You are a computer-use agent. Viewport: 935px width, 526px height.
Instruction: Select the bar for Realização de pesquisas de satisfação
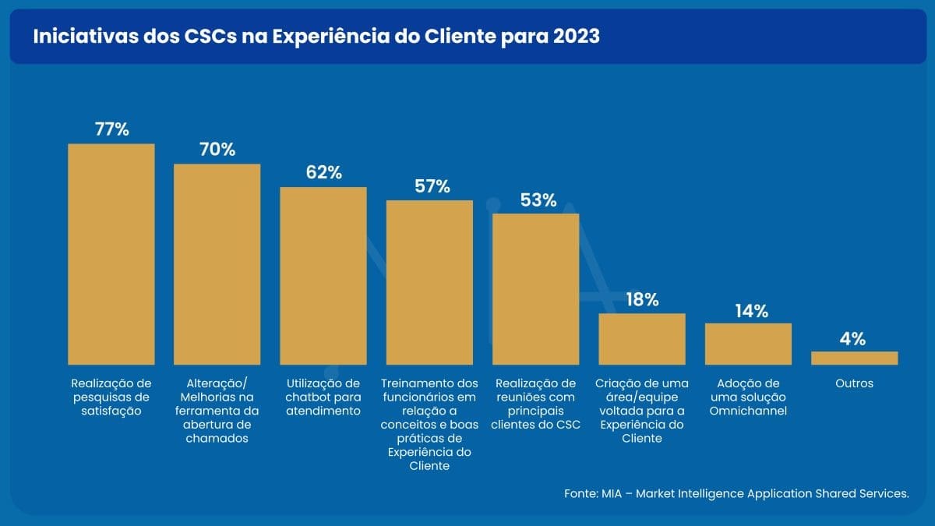point(111,254)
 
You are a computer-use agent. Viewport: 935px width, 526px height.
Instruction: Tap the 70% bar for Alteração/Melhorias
point(217,264)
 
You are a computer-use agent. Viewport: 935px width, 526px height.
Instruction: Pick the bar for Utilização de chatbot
point(323,276)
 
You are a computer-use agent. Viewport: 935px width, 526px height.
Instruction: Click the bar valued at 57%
point(429,282)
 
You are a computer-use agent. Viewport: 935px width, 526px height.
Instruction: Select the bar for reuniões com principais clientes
point(535,288)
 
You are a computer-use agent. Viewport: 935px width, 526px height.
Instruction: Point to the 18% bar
point(642,339)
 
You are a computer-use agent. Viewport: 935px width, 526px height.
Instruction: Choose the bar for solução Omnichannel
point(748,344)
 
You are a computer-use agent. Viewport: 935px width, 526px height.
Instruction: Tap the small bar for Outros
point(854,358)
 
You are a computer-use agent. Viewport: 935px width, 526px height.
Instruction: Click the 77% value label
point(111,129)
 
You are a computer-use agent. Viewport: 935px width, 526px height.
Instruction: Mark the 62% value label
point(323,172)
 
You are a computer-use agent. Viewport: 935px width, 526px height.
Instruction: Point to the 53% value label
point(538,199)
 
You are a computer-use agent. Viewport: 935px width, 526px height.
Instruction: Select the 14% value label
point(751,311)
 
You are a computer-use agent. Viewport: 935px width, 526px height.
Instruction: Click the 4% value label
point(853,339)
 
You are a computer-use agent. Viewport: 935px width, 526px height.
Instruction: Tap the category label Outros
point(853,383)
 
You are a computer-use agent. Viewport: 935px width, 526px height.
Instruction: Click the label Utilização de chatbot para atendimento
point(323,397)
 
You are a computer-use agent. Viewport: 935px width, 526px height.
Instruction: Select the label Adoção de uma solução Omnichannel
point(748,397)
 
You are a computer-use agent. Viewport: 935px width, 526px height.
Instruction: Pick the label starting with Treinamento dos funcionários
point(429,424)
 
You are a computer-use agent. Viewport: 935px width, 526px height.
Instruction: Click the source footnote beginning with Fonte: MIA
point(736,494)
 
